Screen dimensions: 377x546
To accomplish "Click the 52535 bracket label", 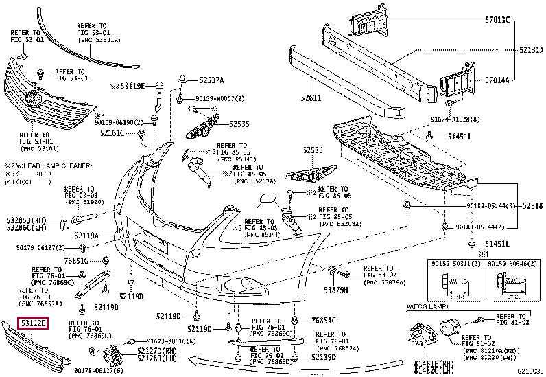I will pos(239,124).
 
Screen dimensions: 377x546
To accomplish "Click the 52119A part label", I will pos(87,236).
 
